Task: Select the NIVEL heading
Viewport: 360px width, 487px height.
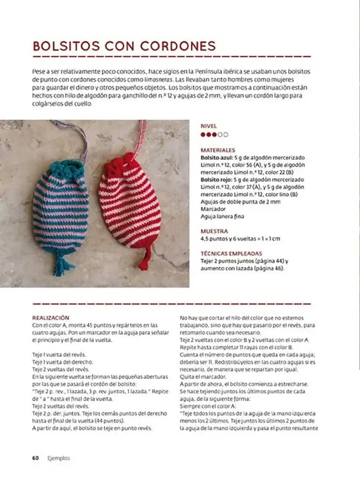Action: click(208, 127)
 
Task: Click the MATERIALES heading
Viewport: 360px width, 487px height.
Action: click(218, 150)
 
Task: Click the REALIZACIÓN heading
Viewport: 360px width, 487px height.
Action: click(50, 318)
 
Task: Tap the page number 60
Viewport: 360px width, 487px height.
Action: click(36, 458)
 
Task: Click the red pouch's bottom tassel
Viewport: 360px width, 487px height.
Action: click(143, 261)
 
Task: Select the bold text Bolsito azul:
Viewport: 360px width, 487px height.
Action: click(218, 157)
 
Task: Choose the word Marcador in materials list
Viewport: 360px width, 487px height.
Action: click(213, 209)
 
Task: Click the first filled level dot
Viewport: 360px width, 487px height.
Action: click(203, 135)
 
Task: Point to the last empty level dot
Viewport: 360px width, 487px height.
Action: click(226, 135)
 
